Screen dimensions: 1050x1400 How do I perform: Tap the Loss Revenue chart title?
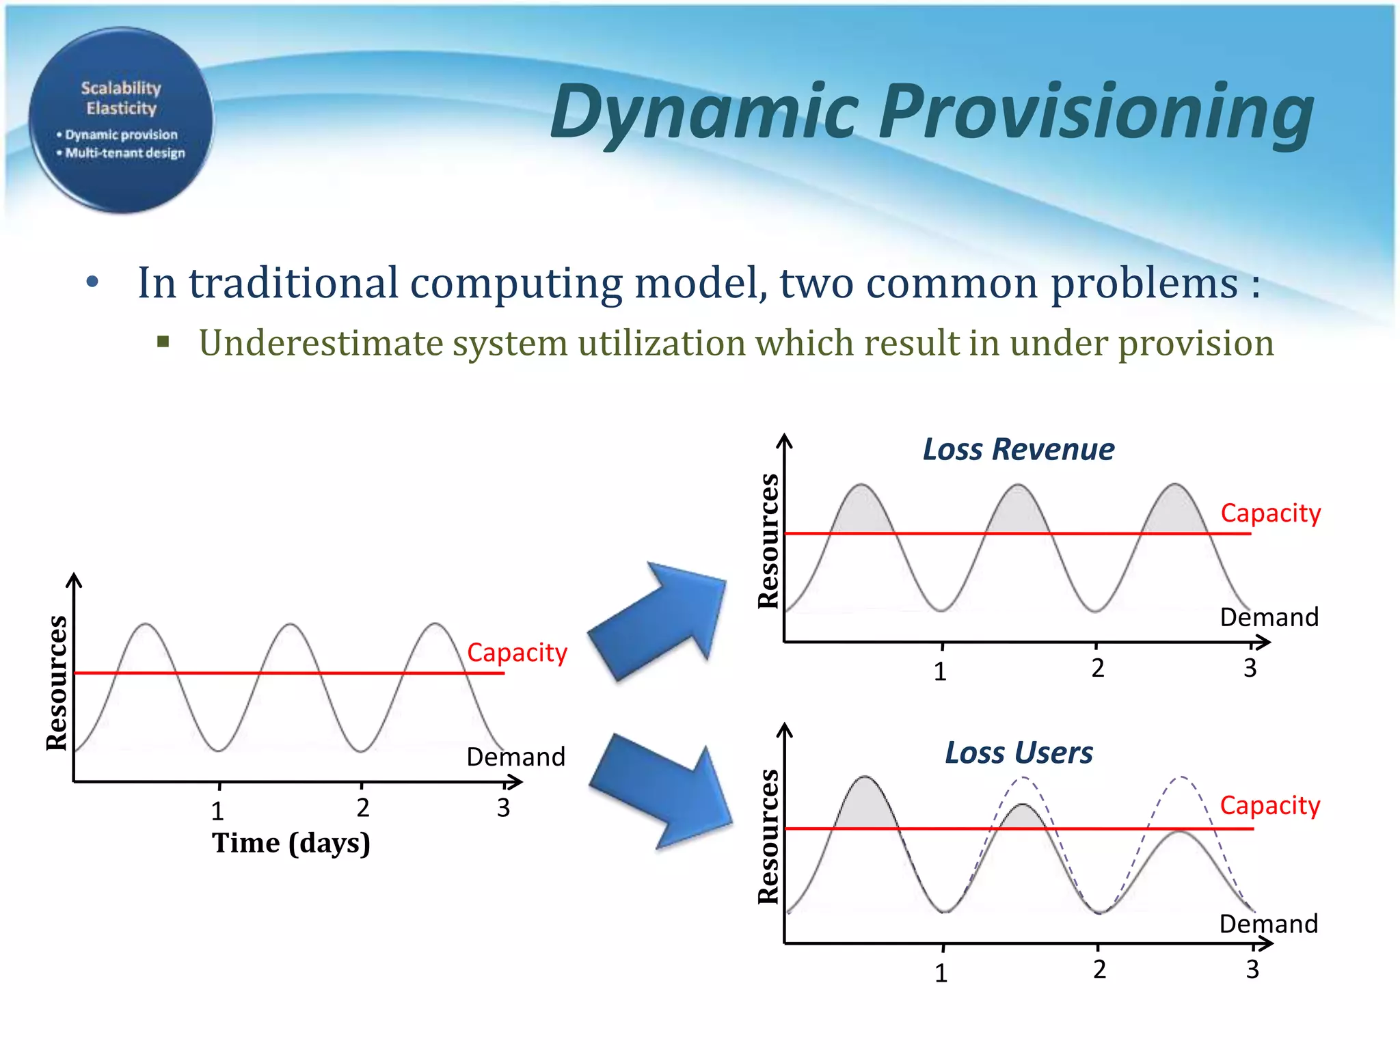pos(1018,450)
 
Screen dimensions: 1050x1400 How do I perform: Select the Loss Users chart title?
pos(1018,753)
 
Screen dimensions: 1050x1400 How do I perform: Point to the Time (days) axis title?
pos(291,843)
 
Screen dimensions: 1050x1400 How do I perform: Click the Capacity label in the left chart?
pos(517,653)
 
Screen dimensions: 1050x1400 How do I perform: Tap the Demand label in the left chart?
pos(515,757)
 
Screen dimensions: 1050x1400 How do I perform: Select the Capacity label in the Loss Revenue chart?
pos(1270,513)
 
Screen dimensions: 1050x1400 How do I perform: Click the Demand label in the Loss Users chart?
pos(1268,924)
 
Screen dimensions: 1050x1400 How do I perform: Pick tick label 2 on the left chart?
pos(363,808)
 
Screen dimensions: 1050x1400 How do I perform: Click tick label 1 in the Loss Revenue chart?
pos(940,672)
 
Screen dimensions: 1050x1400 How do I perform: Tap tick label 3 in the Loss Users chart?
pos(1252,969)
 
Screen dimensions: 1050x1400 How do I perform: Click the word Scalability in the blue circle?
pos(121,88)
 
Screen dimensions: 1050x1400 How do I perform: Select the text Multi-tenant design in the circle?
pos(125,153)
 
